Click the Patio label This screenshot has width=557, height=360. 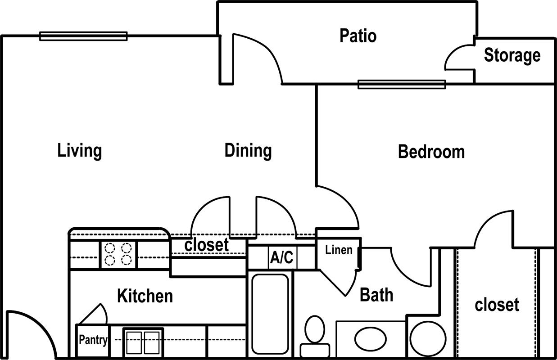358,36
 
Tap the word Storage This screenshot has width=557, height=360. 512,56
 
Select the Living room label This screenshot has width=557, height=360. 80,151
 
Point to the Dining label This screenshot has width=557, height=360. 248,151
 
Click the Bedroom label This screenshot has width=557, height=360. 431,152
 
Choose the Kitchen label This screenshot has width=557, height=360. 145,296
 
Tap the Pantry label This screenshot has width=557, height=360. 93,340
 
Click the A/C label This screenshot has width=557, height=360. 282,257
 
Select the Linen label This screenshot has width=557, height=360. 339,250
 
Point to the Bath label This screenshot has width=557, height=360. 376,295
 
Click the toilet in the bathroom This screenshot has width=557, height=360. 315,337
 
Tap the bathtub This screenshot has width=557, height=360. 270,314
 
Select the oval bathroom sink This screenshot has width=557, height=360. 370,339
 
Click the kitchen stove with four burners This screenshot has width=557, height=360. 118,254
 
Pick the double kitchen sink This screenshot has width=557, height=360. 143,342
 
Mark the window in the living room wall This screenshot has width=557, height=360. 84,36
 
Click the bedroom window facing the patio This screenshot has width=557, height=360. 402,85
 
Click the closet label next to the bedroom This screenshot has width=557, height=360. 497,305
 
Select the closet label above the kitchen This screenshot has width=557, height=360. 206,245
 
